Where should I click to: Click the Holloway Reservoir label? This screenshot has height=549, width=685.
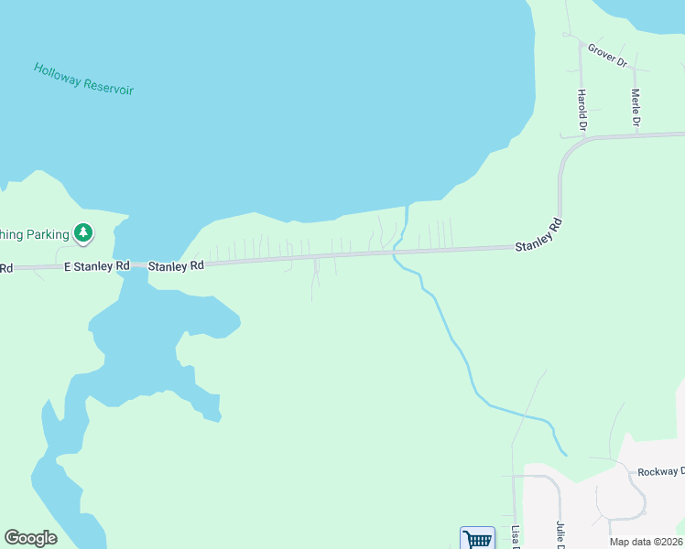click(83, 79)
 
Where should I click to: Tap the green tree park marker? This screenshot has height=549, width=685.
click(83, 233)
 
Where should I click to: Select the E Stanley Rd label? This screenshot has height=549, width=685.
click(95, 265)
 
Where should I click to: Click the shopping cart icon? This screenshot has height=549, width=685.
click(477, 539)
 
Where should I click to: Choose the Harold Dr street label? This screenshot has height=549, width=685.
click(581, 108)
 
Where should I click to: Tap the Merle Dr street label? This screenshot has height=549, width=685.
click(636, 108)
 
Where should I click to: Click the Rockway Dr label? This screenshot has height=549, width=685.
click(662, 471)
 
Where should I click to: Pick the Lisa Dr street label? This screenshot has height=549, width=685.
click(516, 537)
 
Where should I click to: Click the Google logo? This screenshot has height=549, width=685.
click(30, 538)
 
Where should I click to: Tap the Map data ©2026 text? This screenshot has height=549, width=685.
click(646, 542)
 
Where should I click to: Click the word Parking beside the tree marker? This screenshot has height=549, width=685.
click(48, 234)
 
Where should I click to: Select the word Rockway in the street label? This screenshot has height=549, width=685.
click(656, 471)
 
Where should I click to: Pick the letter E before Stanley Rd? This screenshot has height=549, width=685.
click(67, 265)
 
